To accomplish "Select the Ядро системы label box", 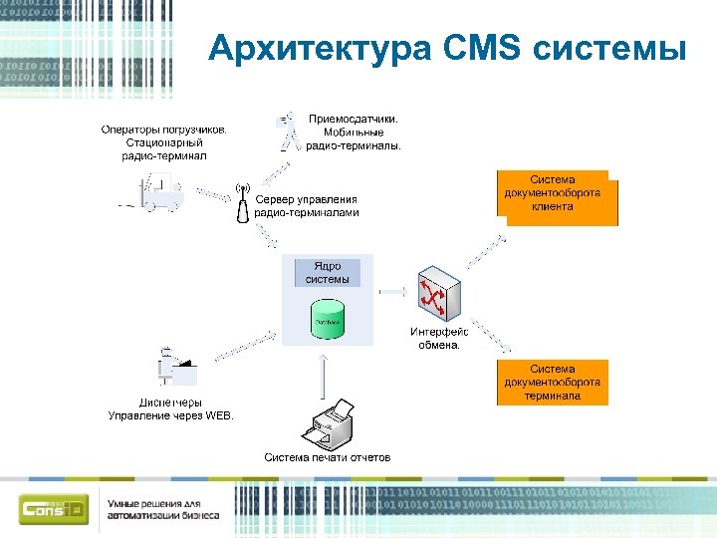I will (328, 273).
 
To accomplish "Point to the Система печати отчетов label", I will (327, 457).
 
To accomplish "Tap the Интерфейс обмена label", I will (438, 339).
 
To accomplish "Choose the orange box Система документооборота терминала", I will (552, 383).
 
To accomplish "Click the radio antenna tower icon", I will (240, 202).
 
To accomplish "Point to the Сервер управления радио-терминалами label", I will (306, 205).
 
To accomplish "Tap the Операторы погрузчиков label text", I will (164, 141).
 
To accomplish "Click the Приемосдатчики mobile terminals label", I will (353, 132).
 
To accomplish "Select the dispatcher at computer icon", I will (176, 368).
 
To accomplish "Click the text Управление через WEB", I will (171, 415).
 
